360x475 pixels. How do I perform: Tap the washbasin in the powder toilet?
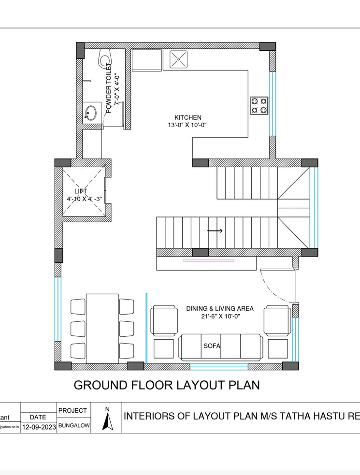(90, 113)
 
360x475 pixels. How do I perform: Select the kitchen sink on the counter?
(179, 60)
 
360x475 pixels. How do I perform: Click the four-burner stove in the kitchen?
(259, 106)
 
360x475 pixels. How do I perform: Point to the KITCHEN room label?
(187, 117)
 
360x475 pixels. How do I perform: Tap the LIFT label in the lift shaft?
(80, 191)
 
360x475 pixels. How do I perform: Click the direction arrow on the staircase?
(215, 231)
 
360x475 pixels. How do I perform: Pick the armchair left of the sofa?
(164, 320)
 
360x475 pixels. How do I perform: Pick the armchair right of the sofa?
(277, 320)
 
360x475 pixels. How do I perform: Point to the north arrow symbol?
(107, 421)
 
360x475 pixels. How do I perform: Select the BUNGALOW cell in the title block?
(73, 427)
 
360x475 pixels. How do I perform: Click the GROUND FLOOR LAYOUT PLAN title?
(167, 385)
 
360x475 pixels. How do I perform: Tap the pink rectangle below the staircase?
(208, 261)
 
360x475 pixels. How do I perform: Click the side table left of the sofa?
(164, 348)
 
